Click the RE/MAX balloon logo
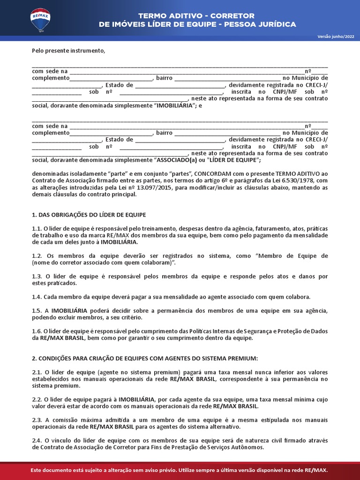click(40, 20)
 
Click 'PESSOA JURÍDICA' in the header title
click(263, 24)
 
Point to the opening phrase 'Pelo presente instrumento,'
click(68, 50)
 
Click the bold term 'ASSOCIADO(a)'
click(176, 160)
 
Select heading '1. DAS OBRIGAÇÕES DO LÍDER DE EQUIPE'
click(89, 215)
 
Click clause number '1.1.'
click(37, 228)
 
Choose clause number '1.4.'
click(37, 297)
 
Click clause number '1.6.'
click(37, 331)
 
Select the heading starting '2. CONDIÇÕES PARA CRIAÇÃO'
click(145, 358)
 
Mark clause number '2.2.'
click(37, 399)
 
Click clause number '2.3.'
click(37, 420)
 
